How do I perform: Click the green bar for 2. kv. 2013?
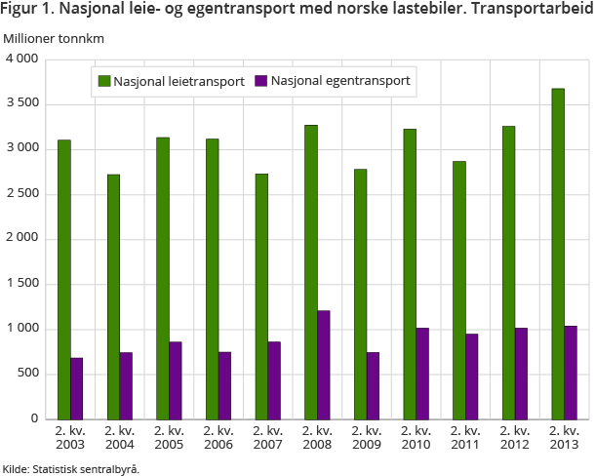pyautogui.click(x=558, y=254)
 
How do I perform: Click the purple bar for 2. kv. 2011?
pyautogui.click(x=471, y=377)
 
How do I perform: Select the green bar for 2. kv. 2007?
pyautogui.click(x=261, y=297)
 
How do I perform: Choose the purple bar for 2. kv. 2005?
pyautogui.click(x=175, y=380)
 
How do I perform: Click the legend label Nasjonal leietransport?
pyautogui.click(x=178, y=82)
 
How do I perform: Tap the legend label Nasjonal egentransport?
pyautogui.click(x=341, y=82)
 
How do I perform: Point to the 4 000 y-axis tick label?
pyautogui.click(x=20, y=59)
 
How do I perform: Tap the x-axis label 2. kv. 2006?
pyautogui.click(x=218, y=438)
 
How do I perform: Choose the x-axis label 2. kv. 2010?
pyautogui.click(x=416, y=438)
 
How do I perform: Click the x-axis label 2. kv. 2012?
pyautogui.click(x=514, y=438)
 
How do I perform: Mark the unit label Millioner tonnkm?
pyautogui.click(x=54, y=38)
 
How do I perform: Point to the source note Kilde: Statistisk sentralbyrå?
pyautogui.click(x=70, y=468)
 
